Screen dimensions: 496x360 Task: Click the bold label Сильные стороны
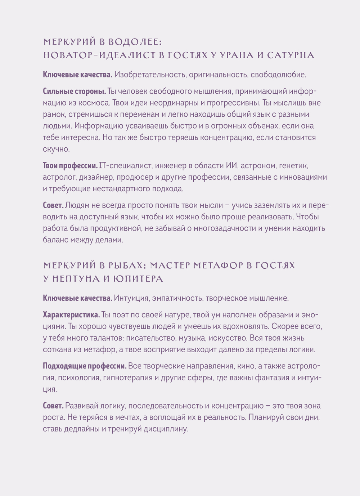click(x=74, y=91)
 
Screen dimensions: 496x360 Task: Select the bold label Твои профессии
click(x=70, y=166)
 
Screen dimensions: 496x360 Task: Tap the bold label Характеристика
click(x=71, y=315)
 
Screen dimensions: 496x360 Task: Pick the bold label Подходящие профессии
click(x=85, y=366)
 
